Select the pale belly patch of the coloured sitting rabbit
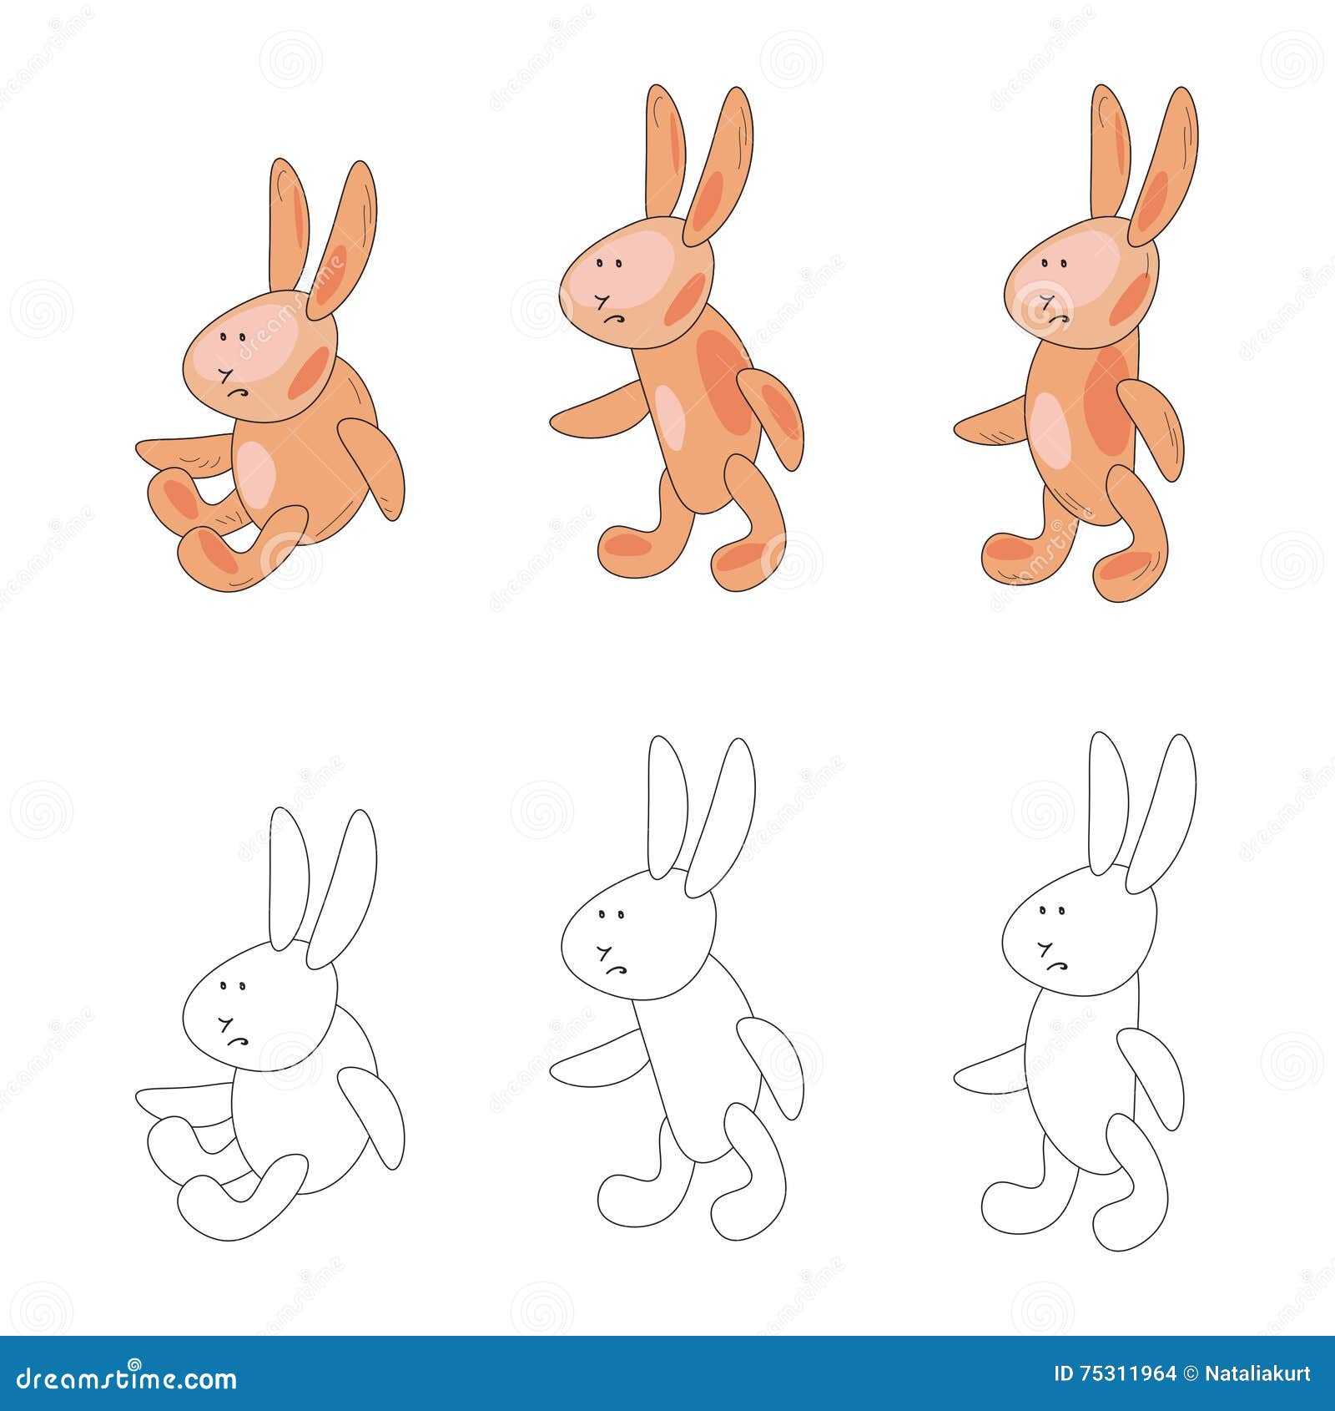(255, 473)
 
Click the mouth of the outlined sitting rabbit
(239, 1039)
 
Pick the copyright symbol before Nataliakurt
(1191, 1373)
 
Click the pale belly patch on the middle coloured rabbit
(670, 415)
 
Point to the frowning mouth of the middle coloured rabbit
(615, 319)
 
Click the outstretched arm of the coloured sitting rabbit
(182, 450)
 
